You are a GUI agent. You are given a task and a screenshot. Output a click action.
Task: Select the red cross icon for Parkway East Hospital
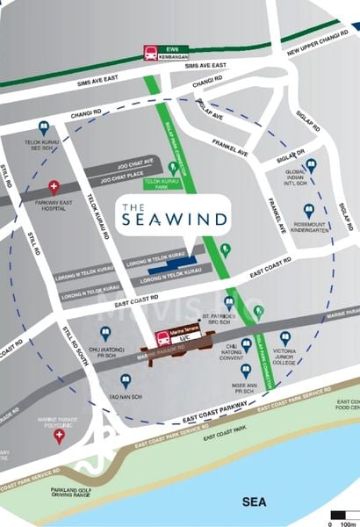pyautogui.click(x=54, y=186)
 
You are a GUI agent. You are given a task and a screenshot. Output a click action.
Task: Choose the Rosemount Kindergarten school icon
pyautogui.click(x=308, y=211)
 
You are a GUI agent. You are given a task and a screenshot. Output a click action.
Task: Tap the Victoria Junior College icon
pyautogui.click(x=284, y=338)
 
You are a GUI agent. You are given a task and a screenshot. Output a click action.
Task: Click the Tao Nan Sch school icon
pyautogui.click(x=126, y=380)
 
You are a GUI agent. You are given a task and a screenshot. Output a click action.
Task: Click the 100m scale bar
pyautogui.click(x=342, y=515)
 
